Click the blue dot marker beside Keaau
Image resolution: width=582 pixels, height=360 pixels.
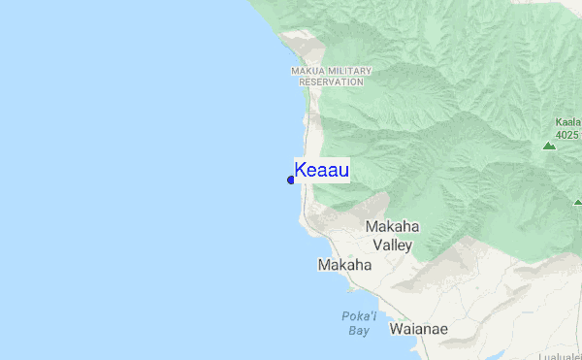click(291, 180)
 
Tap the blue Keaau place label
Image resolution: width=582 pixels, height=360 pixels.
click(322, 170)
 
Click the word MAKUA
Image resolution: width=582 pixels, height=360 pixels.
click(307, 71)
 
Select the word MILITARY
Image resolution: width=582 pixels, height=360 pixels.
click(348, 71)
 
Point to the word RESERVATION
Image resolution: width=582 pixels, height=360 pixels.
click(331, 82)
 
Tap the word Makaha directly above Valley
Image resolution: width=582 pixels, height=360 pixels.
click(393, 227)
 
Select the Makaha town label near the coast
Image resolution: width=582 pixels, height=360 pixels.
click(344, 265)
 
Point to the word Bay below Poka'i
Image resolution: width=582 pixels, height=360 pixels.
click(359, 331)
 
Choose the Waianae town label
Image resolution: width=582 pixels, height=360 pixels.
click(419, 329)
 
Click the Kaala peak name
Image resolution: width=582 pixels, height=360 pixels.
click(568, 122)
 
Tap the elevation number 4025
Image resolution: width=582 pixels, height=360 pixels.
click(568, 134)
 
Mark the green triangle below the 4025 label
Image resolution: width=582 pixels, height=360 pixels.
click(549, 147)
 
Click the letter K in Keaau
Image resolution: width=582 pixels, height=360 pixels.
click(301, 170)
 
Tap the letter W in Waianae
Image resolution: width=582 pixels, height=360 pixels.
click(396, 329)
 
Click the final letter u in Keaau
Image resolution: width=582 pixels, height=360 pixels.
click(344, 170)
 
